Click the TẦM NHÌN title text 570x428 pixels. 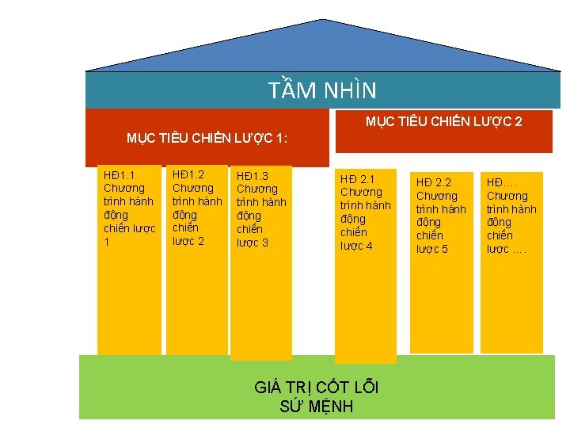click(x=322, y=90)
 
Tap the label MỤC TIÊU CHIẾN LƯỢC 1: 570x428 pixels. click(x=207, y=139)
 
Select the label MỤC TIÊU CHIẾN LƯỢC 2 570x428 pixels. click(x=443, y=121)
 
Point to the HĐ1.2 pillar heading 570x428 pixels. click(x=188, y=174)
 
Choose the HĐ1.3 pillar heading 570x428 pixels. click(x=253, y=175)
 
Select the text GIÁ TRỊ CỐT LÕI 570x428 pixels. click(x=317, y=388)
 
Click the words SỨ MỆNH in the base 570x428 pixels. click(x=317, y=407)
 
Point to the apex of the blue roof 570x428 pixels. click(x=324, y=21)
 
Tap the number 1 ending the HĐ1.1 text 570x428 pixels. click(x=107, y=242)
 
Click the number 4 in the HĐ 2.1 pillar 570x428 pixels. click(x=369, y=246)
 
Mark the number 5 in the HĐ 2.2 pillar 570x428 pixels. click(x=444, y=250)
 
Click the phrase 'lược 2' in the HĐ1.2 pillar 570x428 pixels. click(x=188, y=241)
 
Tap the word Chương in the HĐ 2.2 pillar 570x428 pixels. click(x=437, y=196)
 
